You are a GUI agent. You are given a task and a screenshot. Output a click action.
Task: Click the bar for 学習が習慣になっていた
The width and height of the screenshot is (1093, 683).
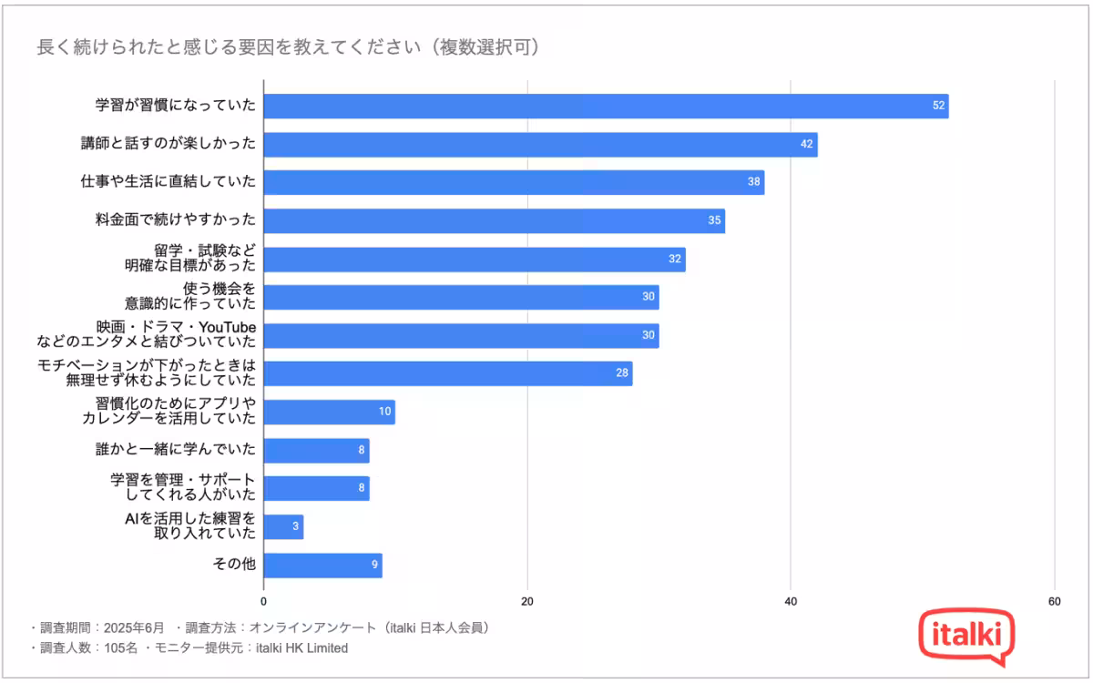click(606, 107)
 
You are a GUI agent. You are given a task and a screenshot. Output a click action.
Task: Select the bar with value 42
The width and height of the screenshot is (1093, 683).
click(540, 145)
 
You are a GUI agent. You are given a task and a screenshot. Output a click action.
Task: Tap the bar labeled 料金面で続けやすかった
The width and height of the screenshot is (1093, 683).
click(494, 221)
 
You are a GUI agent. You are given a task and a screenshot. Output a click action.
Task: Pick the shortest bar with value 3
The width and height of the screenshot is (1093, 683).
click(283, 527)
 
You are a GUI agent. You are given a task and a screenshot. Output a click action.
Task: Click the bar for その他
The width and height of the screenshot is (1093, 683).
click(322, 566)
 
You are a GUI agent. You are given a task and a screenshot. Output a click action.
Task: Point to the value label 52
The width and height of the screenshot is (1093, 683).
click(938, 107)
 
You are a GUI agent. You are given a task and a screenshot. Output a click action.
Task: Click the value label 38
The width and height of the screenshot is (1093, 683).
click(753, 183)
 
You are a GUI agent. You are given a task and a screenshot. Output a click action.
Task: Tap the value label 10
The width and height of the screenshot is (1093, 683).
click(385, 413)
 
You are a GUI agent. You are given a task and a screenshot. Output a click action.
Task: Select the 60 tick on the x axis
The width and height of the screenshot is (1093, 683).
click(1054, 601)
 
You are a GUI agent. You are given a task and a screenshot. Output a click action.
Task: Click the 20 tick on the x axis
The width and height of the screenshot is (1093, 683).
click(527, 601)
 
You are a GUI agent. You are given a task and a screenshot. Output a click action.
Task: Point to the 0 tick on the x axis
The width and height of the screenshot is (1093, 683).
click(264, 601)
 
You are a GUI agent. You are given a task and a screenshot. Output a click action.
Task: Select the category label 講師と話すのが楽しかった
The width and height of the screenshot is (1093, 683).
click(168, 144)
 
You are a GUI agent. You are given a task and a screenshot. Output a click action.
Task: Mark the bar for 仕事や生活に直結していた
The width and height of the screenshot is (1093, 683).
click(514, 183)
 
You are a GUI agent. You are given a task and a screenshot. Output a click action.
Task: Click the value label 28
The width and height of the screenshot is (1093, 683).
click(622, 374)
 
